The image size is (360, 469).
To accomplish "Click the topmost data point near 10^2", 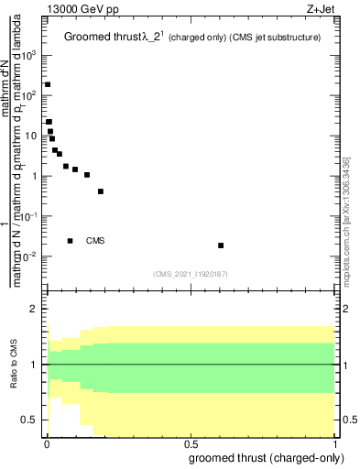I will tap(48, 84).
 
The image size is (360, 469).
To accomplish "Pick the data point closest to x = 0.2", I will tap(101, 191).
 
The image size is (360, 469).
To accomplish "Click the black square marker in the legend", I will tap(71, 241).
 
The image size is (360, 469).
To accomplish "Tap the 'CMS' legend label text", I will tap(95, 241).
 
